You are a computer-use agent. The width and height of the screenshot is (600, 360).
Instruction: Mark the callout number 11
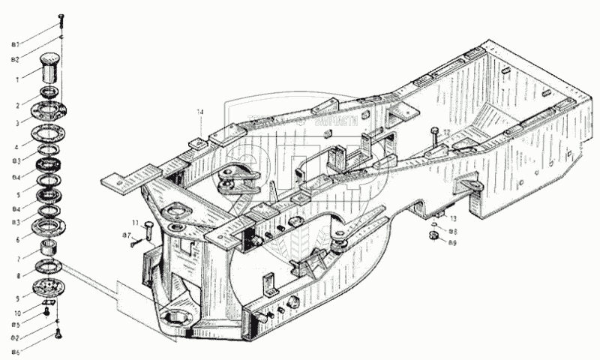coord(136,223)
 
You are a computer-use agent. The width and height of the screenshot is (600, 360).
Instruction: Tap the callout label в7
coord(127,235)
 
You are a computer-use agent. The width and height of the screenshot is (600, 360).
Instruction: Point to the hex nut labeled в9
coord(433,236)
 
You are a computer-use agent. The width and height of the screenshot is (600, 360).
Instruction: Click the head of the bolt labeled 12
coord(434,130)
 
